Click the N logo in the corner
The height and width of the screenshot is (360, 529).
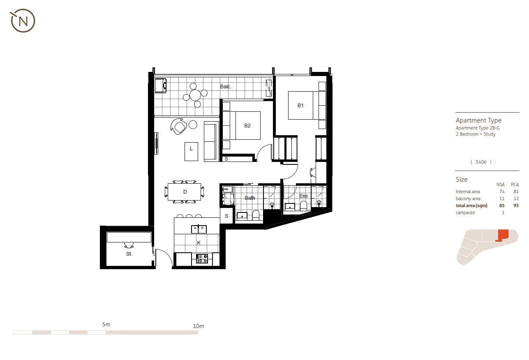23,21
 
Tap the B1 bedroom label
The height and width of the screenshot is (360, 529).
300,106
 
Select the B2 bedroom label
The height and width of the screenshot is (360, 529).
247,126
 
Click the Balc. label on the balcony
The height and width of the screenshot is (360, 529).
226,87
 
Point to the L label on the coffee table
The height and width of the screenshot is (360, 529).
191,149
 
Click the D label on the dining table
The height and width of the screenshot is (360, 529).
185,192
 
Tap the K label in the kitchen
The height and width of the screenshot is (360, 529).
199,243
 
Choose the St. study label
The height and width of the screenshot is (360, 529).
129,254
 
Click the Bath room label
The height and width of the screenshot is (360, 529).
250,198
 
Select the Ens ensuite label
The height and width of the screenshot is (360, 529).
303,196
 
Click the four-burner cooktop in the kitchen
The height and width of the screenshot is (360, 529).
202,258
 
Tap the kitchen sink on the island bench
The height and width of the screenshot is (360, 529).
199,229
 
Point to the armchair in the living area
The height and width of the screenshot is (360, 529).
179,126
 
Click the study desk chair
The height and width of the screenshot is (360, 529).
129,245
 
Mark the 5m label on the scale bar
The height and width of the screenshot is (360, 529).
106,325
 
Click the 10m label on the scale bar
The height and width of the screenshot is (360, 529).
198,326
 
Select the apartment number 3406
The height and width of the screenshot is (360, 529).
481,162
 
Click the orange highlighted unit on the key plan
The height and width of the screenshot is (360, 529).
503,235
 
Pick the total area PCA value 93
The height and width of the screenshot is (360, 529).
516,205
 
